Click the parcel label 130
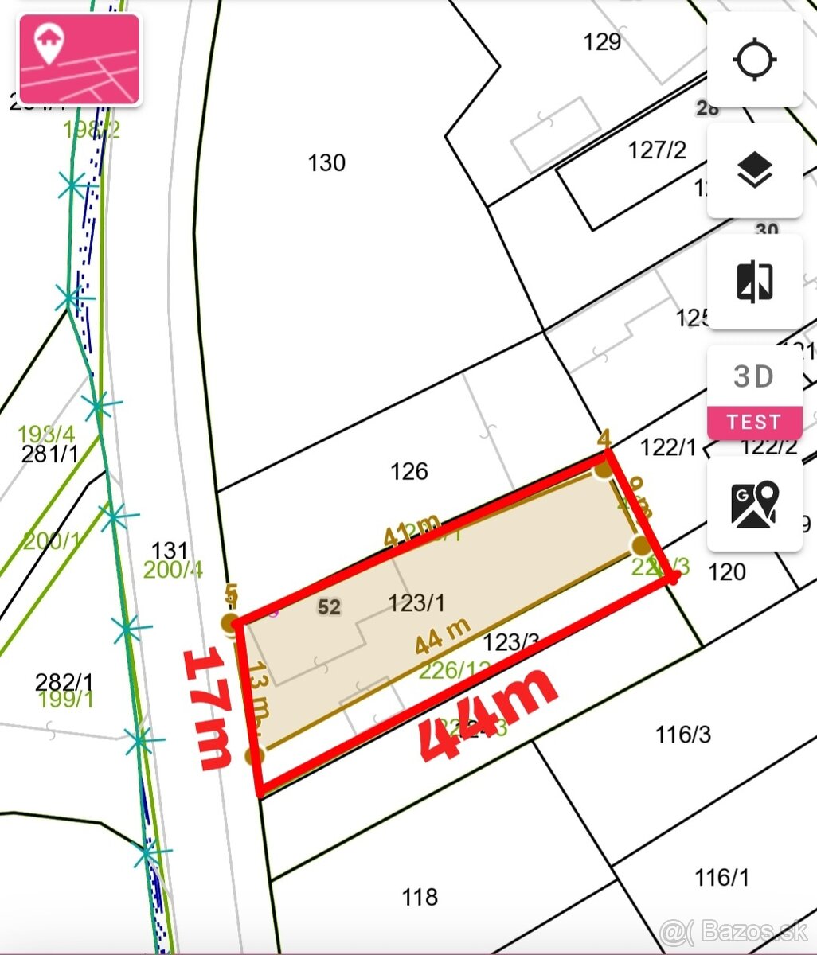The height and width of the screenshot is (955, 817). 326,163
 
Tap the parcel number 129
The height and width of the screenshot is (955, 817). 602,41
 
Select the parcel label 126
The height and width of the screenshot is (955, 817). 409,471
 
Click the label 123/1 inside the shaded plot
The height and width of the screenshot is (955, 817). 416,603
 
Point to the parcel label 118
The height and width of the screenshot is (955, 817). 420,898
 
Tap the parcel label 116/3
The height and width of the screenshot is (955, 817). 682,734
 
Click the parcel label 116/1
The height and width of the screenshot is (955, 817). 721,878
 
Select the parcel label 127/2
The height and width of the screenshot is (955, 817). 657,150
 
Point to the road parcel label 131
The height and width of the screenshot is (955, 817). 170,550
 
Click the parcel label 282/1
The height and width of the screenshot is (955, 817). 64,682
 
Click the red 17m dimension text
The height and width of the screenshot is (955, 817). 208,708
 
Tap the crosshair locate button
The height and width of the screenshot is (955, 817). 754,60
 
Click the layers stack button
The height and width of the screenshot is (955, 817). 754,170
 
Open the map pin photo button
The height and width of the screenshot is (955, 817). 754,505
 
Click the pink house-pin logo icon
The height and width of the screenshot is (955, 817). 80,59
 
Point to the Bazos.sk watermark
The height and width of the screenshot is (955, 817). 734,930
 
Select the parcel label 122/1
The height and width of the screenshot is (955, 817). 668,447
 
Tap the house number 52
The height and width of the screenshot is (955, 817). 329,607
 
